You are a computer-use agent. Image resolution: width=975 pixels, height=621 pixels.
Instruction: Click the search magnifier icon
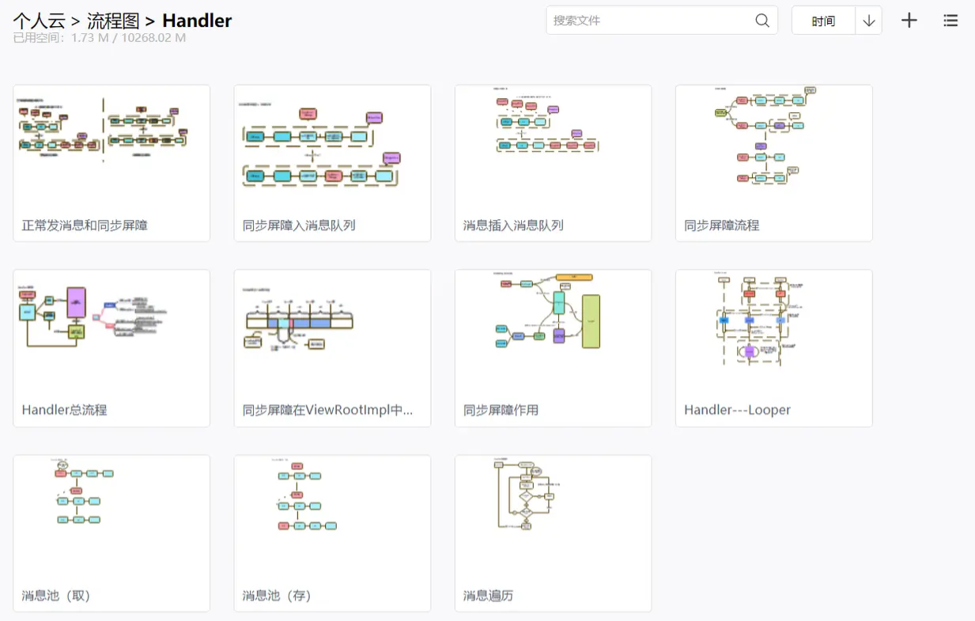[762, 21]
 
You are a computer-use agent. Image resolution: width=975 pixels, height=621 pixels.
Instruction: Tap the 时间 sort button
[823, 21]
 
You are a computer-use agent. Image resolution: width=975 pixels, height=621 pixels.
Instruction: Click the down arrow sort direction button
[869, 21]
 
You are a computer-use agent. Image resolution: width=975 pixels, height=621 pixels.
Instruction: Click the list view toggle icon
[950, 21]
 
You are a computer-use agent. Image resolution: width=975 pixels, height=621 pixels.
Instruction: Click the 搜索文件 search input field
[648, 21]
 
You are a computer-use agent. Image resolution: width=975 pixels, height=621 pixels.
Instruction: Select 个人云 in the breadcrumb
[39, 21]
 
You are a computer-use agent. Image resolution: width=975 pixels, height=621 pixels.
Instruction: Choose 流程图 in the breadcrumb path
[113, 21]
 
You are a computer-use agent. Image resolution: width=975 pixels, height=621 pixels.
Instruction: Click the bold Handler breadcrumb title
[197, 21]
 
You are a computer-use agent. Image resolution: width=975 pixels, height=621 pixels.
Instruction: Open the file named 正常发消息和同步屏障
[85, 225]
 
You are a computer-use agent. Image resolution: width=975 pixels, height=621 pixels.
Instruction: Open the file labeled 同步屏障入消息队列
[299, 225]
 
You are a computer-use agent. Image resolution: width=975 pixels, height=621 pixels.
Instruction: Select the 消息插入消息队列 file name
[513, 225]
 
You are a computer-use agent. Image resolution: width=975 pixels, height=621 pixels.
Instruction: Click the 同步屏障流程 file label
[721, 225]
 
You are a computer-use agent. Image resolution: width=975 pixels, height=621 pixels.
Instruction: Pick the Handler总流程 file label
[64, 410]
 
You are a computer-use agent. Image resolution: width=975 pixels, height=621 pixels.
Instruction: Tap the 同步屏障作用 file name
[501, 410]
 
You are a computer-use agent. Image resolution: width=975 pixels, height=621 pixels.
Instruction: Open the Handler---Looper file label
[737, 410]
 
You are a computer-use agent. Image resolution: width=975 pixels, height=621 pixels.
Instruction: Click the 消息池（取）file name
[56, 595]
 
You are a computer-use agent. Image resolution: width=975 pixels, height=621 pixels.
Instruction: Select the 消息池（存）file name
[277, 595]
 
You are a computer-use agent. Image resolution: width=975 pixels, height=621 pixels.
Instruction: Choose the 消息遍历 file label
[488, 595]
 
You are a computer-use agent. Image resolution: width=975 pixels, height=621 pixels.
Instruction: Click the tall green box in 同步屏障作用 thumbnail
[591, 321]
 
